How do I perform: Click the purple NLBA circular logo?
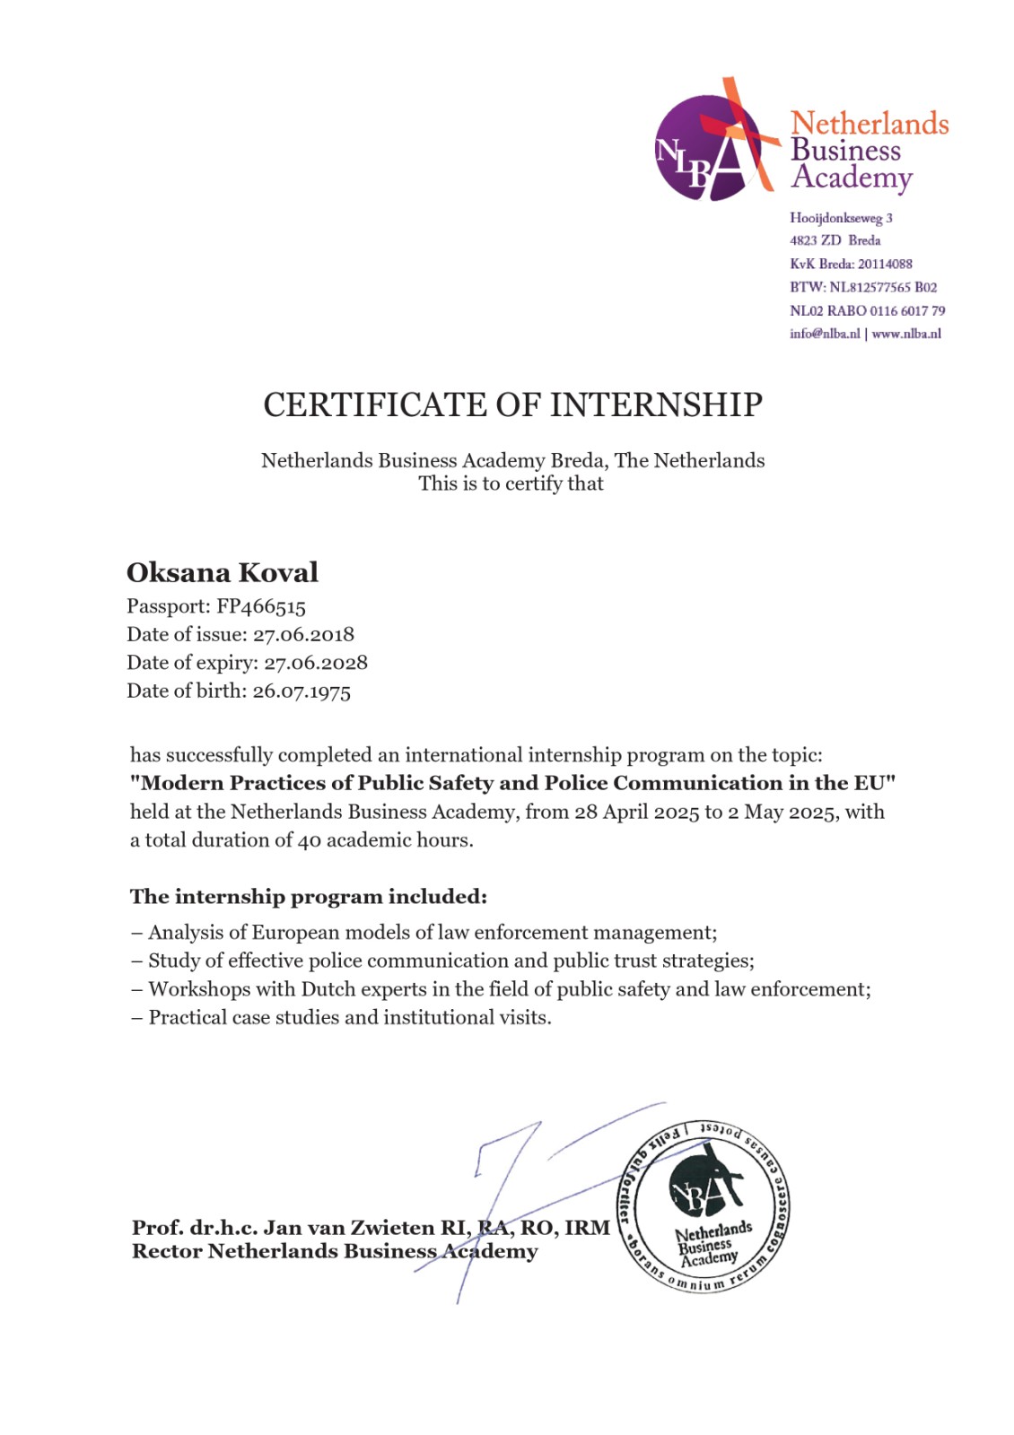(709, 146)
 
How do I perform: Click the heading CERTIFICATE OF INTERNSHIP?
(512, 405)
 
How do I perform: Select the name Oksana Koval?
(223, 572)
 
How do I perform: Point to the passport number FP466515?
(261, 607)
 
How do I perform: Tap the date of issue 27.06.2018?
(303, 635)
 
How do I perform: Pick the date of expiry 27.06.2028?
(315, 663)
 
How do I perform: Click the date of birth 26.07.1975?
(302, 691)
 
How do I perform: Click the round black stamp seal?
(703, 1206)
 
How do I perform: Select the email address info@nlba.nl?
(825, 334)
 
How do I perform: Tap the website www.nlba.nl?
(906, 334)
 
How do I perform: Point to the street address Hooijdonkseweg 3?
(841, 218)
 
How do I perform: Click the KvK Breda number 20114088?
(885, 264)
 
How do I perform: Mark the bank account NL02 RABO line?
(867, 310)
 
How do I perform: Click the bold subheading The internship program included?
(309, 897)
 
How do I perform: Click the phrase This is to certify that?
(511, 483)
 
